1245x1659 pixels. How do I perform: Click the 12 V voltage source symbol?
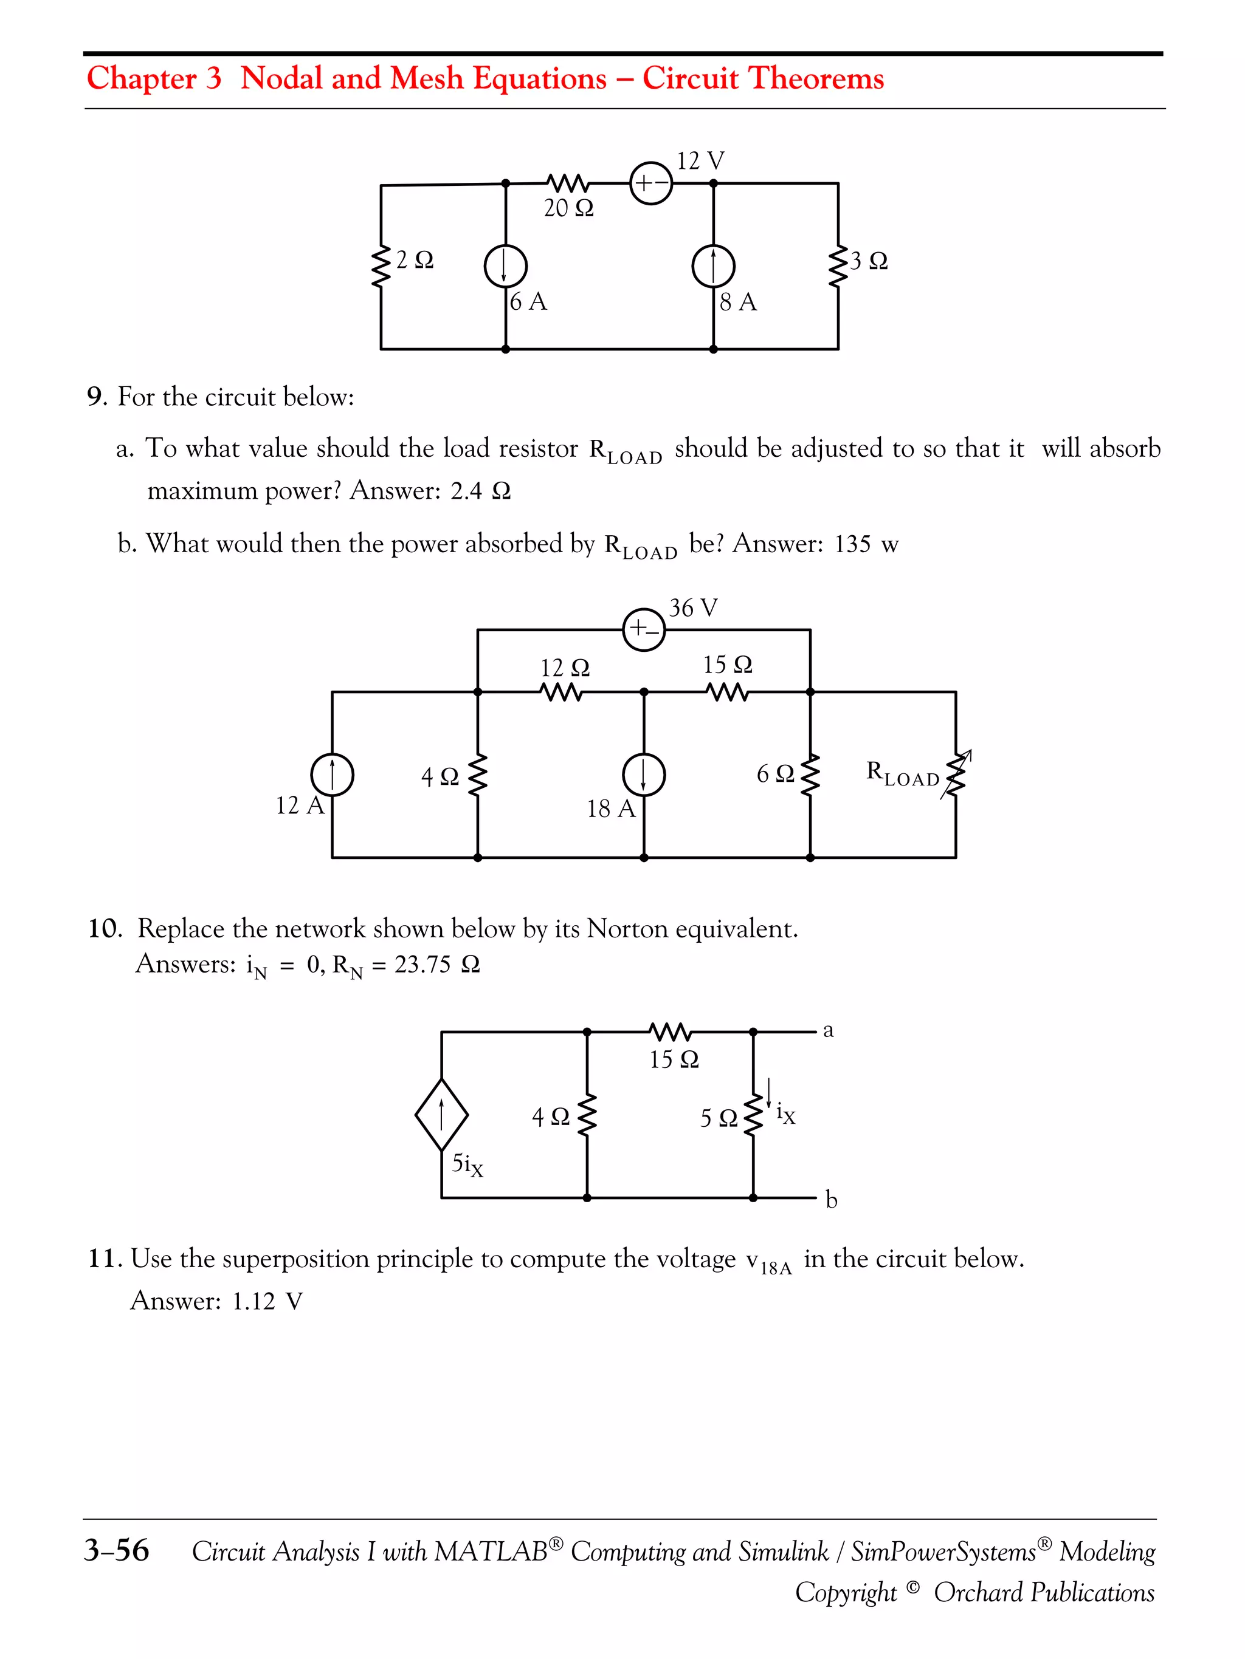[650, 183]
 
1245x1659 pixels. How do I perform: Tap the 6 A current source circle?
[505, 266]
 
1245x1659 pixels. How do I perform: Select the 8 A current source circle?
[713, 266]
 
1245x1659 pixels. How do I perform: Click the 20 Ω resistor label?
[568, 208]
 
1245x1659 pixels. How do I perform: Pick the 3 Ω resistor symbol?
[838, 266]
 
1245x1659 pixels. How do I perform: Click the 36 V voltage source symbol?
[644, 629]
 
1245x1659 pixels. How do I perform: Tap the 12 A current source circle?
[333, 774]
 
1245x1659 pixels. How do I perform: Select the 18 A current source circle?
[644, 774]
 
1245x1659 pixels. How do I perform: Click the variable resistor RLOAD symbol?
[955, 774]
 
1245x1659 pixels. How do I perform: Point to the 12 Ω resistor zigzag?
[561, 691]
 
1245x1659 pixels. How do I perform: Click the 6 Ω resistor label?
[775, 773]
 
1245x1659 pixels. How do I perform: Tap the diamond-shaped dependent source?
[441, 1115]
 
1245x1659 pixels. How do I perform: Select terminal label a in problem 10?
[828, 1030]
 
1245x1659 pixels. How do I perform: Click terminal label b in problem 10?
[831, 1200]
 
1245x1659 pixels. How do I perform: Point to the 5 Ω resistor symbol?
[753, 1115]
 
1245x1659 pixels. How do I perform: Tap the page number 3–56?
[116, 1550]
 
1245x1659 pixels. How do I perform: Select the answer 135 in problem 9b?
[852, 544]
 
